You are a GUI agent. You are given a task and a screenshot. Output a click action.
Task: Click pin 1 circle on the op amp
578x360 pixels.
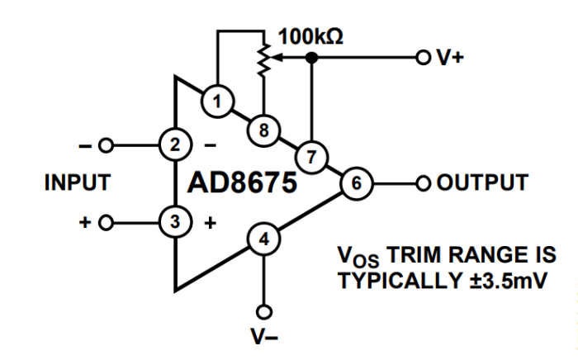(217, 102)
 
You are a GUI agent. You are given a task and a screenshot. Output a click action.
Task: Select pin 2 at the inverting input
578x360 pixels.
(174, 144)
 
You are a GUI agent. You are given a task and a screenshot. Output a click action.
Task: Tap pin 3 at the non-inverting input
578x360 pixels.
(174, 222)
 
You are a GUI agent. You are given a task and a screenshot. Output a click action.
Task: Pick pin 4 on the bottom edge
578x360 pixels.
(263, 240)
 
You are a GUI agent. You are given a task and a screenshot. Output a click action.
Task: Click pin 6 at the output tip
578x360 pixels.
(355, 182)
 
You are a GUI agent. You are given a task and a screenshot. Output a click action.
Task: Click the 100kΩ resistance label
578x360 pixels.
(311, 36)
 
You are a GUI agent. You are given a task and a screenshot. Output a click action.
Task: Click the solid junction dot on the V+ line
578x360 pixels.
(311, 58)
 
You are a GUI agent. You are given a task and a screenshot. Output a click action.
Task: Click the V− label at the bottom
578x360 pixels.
(263, 336)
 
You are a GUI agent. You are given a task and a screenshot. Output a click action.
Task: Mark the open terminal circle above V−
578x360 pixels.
(263, 311)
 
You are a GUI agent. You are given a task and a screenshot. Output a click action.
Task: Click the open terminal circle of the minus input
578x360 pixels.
(105, 144)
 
